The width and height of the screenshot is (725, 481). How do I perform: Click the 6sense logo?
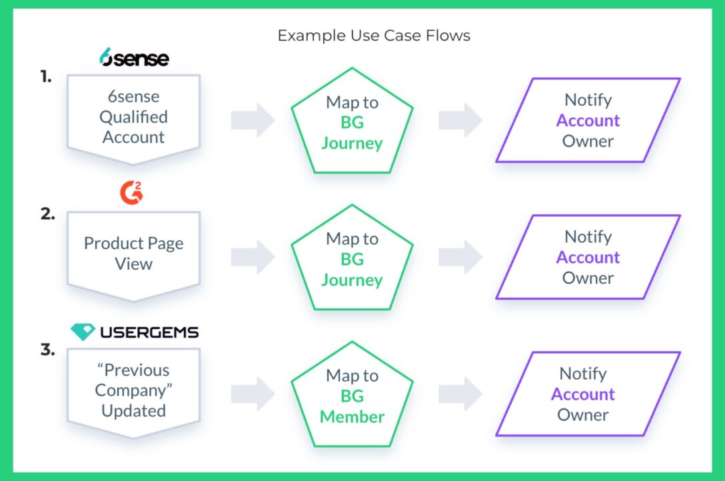[x=134, y=58]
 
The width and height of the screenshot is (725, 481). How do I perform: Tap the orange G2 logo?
[x=132, y=193]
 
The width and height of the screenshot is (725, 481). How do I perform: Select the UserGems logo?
[x=135, y=331]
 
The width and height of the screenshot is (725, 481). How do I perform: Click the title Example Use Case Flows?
[x=374, y=35]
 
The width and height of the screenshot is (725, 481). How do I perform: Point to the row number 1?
[x=45, y=77]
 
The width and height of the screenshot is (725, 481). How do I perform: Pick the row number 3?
[x=47, y=350]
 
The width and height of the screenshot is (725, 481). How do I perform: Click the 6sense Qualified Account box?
[x=133, y=117]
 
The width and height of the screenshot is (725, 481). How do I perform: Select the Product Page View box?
[x=133, y=254]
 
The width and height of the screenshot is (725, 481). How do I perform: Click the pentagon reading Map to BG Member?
[x=352, y=396]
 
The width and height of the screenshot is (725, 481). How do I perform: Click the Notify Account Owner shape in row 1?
[x=588, y=120]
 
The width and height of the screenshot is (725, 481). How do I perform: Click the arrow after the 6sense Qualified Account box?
[x=253, y=121]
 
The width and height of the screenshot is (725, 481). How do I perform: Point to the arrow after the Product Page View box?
[x=253, y=257]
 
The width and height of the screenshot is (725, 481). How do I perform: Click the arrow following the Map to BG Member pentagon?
[x=460, y=394]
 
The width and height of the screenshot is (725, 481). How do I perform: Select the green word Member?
[x=352, y=416]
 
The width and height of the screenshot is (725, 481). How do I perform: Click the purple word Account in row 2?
[x=588, y=257]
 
